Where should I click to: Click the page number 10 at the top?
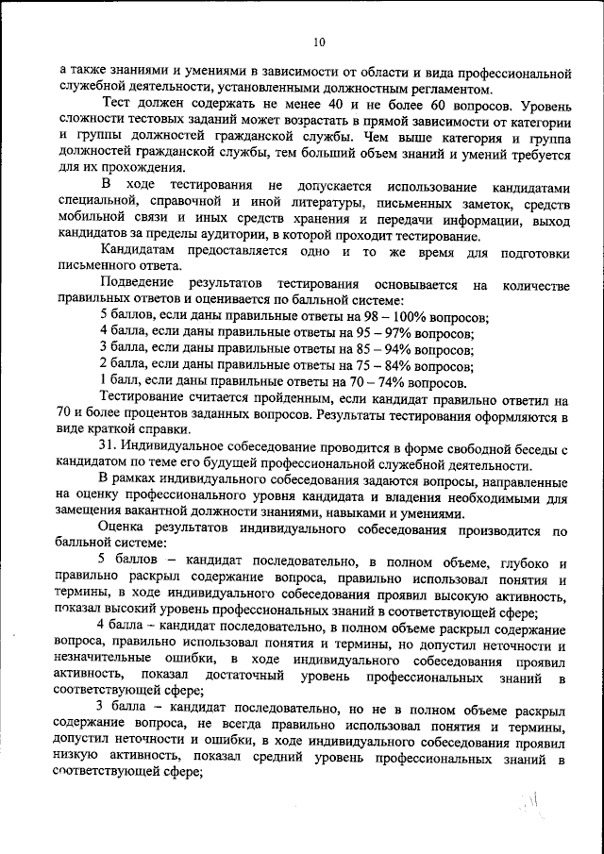[318, 42]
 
